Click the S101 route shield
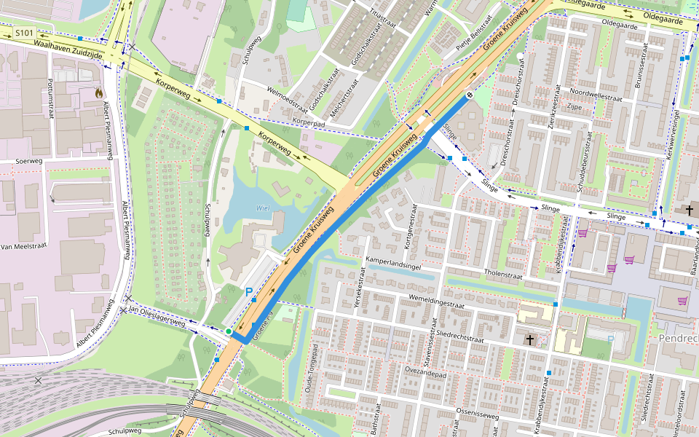24,33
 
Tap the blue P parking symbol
249,293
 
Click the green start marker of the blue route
229,332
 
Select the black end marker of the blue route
470,94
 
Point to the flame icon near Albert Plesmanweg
98,92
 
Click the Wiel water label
262,208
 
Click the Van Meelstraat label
23,246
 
